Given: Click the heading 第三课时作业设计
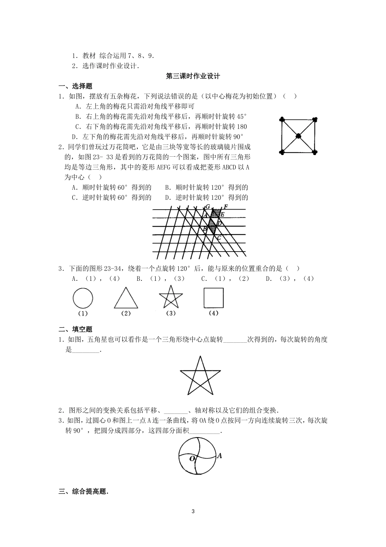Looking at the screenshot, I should (193, 76).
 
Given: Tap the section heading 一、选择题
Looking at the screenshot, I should (76, 86).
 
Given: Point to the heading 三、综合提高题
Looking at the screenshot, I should (84, 492).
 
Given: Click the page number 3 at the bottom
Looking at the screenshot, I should (193, 512).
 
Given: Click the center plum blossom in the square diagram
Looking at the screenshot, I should (298, 136).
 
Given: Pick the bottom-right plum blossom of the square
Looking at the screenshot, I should (314, 153).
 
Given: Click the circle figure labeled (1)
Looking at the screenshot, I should (82, 298).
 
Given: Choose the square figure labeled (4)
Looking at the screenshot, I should (213, 298).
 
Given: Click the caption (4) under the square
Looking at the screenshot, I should (213, 313).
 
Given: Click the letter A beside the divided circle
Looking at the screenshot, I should (219, 456).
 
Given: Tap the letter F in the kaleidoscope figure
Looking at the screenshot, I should (226, 207).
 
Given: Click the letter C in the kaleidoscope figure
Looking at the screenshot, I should (219, 238).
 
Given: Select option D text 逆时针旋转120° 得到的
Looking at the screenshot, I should (211, 197).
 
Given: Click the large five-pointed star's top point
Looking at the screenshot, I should (200, 357).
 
